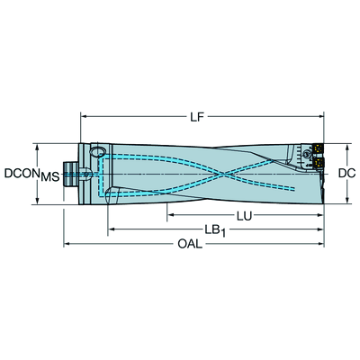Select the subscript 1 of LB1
click(223, 234)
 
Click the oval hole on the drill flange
click(100, 154)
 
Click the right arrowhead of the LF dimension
click(321, 116)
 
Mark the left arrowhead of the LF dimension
click(84, 116)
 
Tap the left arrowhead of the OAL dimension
click(66, 244)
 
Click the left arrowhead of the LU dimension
click(168, 215)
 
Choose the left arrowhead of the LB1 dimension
click(112, 230)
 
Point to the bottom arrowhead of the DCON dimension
click(36, 202)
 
